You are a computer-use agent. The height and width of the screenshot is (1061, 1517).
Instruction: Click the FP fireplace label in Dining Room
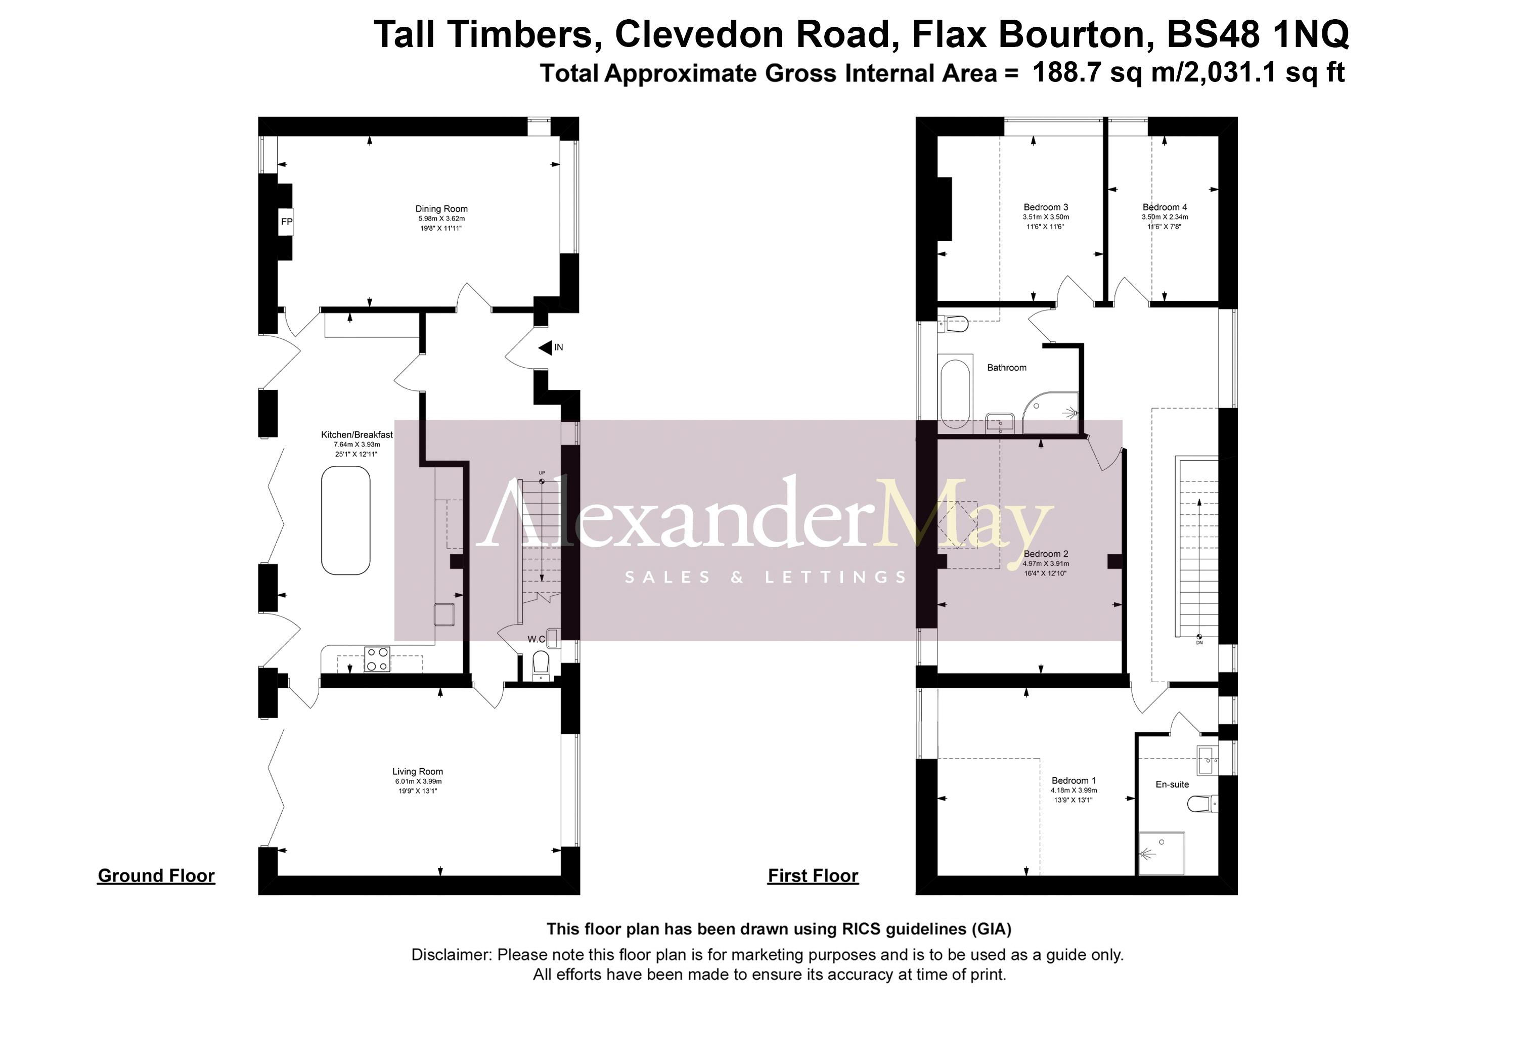pos(286,222)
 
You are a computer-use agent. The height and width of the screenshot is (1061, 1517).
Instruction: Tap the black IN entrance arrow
pos(545,347)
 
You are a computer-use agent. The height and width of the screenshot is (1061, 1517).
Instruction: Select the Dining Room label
pos(441,209)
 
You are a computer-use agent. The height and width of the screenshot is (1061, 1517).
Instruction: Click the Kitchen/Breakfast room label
pos(357,435)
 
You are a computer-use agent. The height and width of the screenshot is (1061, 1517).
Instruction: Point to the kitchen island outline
pos(345,520)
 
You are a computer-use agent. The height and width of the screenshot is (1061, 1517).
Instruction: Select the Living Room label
pos(418,771)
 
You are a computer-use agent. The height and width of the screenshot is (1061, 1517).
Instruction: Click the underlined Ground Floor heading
pos(156,875)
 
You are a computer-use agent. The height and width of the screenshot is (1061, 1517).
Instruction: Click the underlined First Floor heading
pos(813,875)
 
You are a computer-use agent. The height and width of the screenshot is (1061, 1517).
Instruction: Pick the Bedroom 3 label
pos(1046,207)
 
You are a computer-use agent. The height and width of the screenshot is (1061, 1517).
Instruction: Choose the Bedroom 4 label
pos(1165,207)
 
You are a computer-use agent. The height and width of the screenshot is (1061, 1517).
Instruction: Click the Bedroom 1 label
pos(1074,780)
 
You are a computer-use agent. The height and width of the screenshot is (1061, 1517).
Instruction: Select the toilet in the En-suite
pos(1201,804)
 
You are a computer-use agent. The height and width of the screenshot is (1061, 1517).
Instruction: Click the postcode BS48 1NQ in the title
pos(1257,34)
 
